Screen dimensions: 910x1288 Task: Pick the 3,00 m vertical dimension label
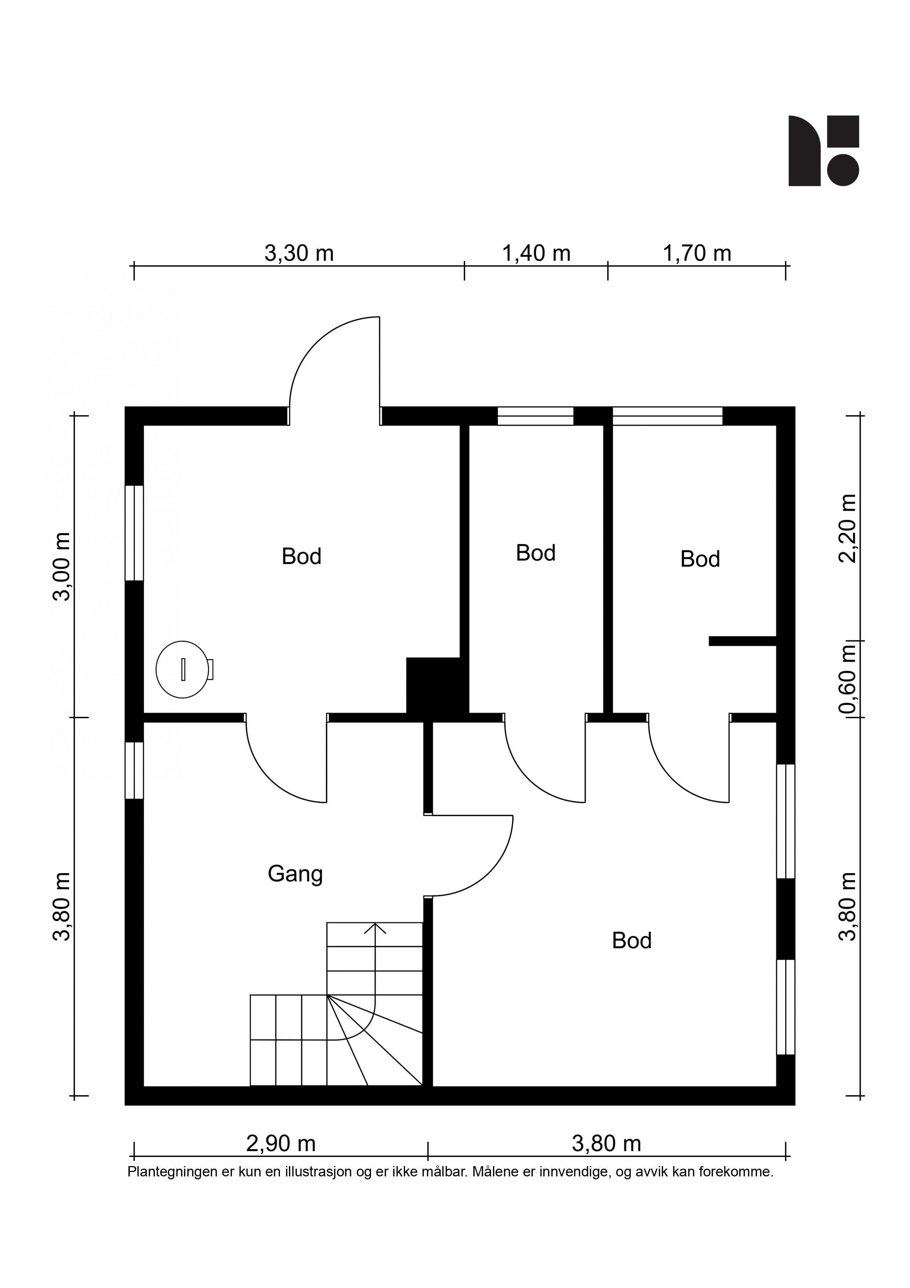(62, 567)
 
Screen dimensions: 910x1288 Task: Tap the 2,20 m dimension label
(847, 528)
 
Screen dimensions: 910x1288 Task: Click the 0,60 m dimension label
(847, 679)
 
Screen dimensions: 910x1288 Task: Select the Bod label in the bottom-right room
(631, 941)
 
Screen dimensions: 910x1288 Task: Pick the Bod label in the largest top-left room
(301, 557)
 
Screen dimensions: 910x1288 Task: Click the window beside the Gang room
(134, 770)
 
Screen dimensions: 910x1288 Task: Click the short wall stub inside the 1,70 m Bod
(742, 641)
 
